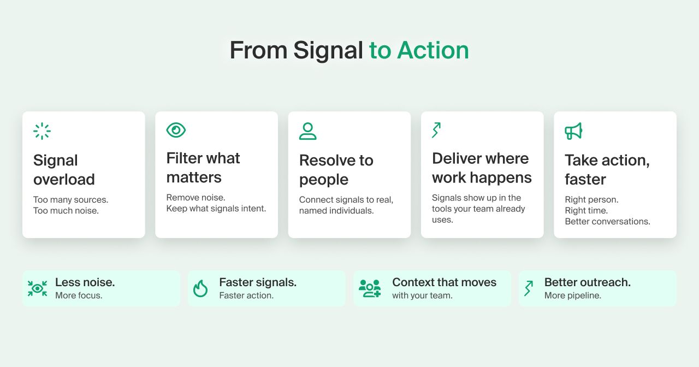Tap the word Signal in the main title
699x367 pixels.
[328, 51]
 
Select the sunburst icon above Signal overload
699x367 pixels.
[42, 131]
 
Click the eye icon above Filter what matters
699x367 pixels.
[176, 130]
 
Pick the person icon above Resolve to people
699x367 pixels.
[307, 131]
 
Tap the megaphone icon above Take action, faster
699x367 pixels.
[573, 131]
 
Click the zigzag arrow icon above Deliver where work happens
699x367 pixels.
[436, 130]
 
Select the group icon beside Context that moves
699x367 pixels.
[370, 288]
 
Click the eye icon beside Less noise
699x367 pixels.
[38, 288]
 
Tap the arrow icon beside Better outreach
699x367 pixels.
[529, 288]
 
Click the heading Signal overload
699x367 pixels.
[64, 170]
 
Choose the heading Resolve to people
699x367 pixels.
[336, 170]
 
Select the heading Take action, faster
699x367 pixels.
[607, 170]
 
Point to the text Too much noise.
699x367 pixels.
[66, 211]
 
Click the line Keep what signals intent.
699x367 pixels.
[216, 209]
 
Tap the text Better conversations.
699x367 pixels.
[608, 222]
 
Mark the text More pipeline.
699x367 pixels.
[573, 295]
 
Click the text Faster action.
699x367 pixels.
[246, 295]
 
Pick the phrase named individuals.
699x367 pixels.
[336, 211]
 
